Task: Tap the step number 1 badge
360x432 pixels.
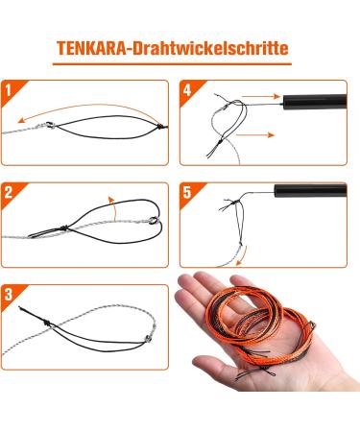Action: tap(11, 90)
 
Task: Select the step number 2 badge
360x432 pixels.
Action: tap(11, 193)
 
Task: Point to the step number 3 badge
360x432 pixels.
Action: tap(11, 295)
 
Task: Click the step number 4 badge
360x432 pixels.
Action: tap(188, 90)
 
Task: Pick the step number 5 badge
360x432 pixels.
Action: tap(188, 193)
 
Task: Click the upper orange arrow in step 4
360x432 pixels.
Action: tap(261, 96)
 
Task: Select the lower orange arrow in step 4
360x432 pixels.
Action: tap(255, 134)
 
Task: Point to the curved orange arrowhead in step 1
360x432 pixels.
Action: tap(21, 120)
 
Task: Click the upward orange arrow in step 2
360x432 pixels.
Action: tap(112, 208)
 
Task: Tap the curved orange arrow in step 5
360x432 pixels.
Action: tap(241, 256)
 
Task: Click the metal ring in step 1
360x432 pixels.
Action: tap(50, 125)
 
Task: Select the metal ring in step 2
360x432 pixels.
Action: tap(154, 221)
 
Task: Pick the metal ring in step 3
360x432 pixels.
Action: tap(149, 338)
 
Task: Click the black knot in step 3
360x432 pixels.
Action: tap(47, 324)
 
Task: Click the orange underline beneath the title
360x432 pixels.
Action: tap(172, 64)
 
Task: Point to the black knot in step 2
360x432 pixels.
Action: tap(64, 228)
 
